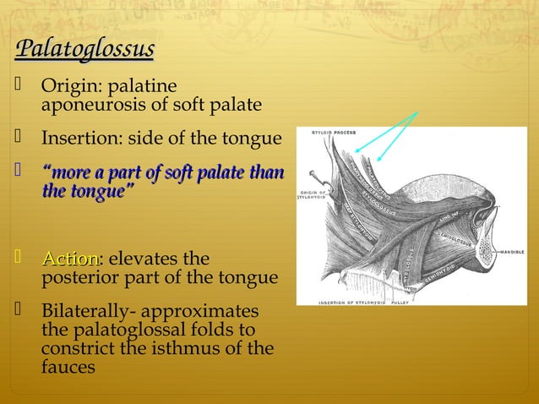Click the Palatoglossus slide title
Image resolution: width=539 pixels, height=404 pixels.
pos(84,47)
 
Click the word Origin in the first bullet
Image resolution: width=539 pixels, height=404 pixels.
pos(68,86)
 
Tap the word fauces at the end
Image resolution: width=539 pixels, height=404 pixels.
pos(68,367)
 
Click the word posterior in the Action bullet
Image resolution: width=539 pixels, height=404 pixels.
pos(80,278)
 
